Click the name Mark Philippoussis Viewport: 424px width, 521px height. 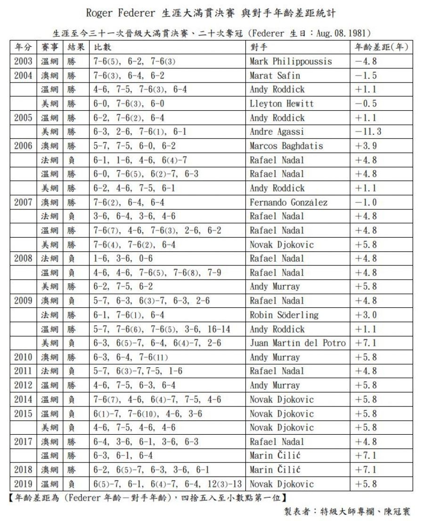291,61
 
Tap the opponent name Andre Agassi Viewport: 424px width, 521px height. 277,132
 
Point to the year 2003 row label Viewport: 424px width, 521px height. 23,61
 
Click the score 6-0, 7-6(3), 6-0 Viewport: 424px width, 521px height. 129,104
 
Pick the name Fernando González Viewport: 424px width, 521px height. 288,202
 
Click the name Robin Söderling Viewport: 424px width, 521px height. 284,315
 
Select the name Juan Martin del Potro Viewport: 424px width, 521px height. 298,343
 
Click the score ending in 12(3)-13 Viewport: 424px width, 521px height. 168,484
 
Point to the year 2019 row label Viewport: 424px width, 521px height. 23,484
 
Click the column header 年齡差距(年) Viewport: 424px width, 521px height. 381,48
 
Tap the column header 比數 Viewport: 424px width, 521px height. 102,48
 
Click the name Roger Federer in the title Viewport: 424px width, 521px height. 120,13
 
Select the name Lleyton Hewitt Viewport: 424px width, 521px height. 281,104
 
